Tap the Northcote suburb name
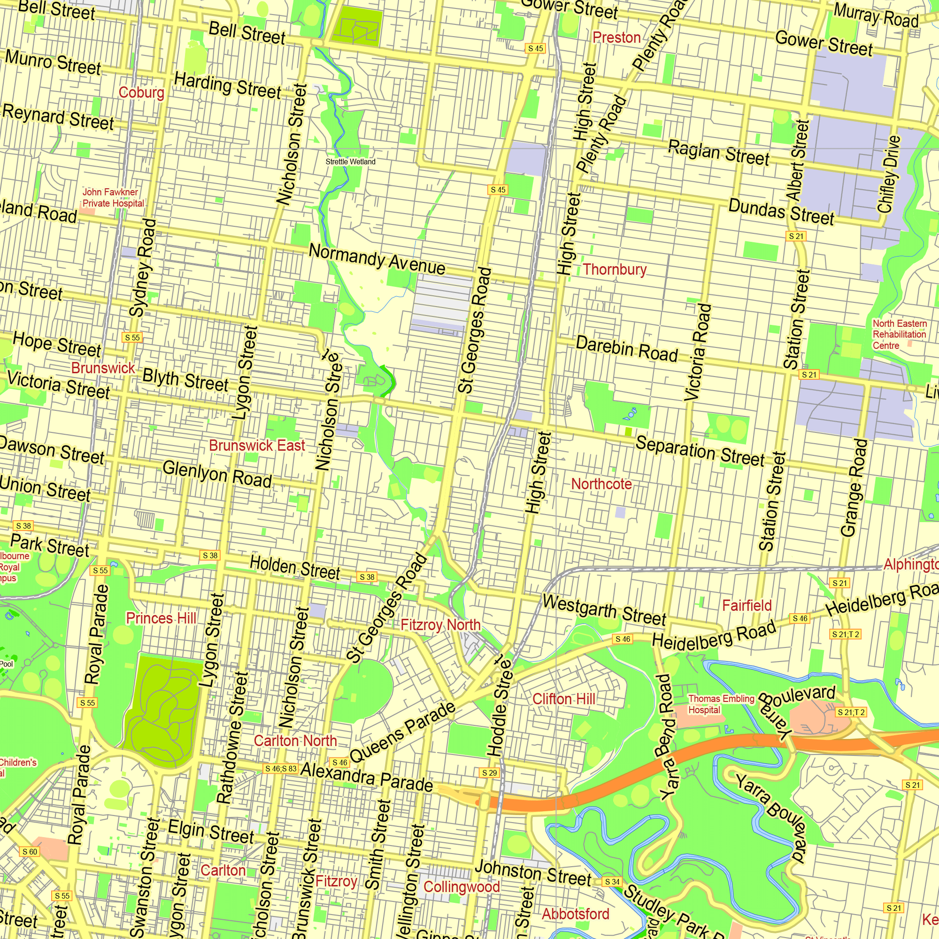pyautogui.click(x=601, y=484)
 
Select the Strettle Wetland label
pyautogui.click(x=350, y=162)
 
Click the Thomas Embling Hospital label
pyautogui.click(x=720, y=704)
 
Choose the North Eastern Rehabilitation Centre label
pyautogui.click(x=899, y=334)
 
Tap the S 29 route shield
pyautogui.click(x=489, y=773)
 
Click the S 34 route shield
pyautogui.click(x=612, y=882)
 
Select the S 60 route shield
pyautogui.click(x=30, y=852)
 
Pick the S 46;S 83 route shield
pyautogui.click(x=280, y=769)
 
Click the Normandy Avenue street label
pyautogui.click(x=377, y=260)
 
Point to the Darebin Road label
pyautogui.click(x=626, y=349)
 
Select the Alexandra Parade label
pyautogui.click(x=367, y=777)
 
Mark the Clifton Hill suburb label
pyautogui.click(x=564, y=699)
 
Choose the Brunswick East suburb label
pyautogui.click(x=257, y=445)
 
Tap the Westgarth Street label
pyautogui.click(x=604, y=610)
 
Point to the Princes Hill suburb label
pyautogui.click(x=161, y=618)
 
